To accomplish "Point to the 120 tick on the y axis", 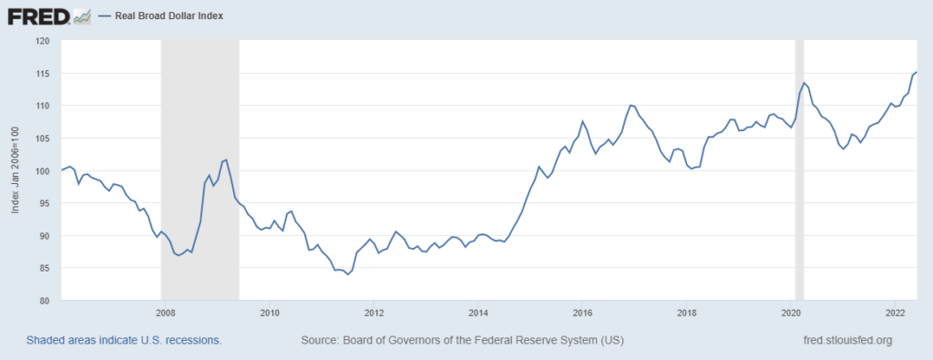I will (x=43, y=41).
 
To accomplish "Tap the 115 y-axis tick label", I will (x=43, y=73).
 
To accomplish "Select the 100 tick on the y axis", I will (x=43, y=170).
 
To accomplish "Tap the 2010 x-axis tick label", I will (x=270, y=313).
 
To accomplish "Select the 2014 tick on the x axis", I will (x=478, y=313).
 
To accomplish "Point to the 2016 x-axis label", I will (x=583, y=313).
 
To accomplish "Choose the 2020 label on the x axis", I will (x=792, y=313).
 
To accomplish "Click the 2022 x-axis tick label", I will (x=896, y=313).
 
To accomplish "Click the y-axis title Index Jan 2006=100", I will (x=15, y=170).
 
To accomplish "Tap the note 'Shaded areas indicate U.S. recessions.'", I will (x=124, y=340).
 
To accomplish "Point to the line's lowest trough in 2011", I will (x=347, y=274).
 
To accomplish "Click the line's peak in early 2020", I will (x=804, y=83).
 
